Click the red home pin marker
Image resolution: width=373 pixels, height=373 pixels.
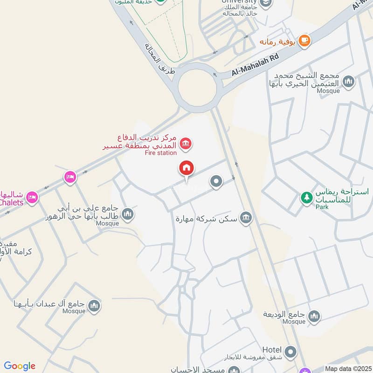187,169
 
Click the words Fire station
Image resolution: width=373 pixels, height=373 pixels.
161,153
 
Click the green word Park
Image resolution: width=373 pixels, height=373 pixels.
321,207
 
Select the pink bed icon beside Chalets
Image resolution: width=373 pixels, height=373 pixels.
32,197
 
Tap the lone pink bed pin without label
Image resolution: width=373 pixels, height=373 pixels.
70,177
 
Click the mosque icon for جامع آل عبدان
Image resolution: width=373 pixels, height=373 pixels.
94,306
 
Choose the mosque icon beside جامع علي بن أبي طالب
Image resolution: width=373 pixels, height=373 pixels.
128,214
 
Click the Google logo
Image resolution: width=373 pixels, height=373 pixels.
20,366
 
